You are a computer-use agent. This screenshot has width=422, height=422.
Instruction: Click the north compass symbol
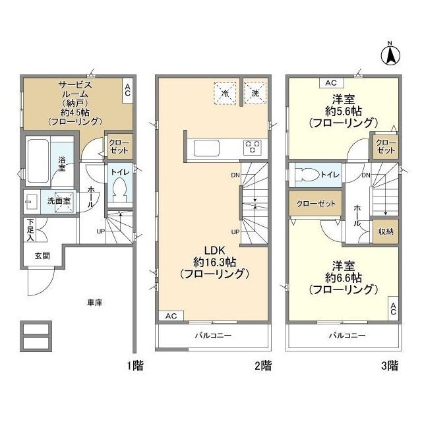[x=390, y=53]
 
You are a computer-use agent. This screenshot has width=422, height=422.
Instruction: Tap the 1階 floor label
[x=135, y=365]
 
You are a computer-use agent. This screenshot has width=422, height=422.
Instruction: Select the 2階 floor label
[x=262, y=365]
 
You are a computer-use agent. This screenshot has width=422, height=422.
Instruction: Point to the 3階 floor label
[x=390, y=365]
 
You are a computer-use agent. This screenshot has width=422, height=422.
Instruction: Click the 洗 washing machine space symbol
[x=255, y=93]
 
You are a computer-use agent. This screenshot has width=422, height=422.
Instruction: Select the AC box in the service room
[x=127, y=90]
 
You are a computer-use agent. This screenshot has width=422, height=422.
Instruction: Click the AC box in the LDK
[x=171, y=316]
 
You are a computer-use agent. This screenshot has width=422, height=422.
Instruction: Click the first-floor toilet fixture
[x=119, y=191]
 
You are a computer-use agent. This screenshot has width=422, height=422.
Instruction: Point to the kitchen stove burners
[x=253, y=147]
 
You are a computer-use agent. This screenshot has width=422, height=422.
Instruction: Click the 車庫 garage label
[x=94, y=302]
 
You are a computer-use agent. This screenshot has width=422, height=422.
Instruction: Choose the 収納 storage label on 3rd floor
[x=386, y=231]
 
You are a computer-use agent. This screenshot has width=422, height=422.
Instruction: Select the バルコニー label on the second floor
[x=212, y=336]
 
